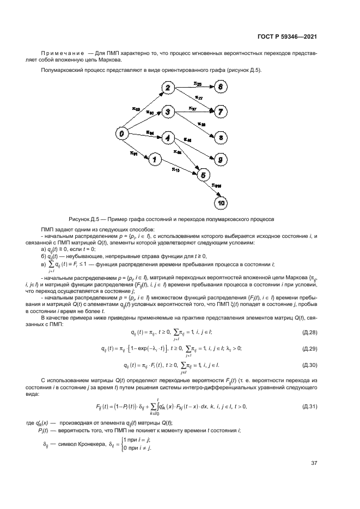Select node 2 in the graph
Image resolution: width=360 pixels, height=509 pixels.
[168, 88]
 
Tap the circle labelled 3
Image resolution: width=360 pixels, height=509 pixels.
[168, 112]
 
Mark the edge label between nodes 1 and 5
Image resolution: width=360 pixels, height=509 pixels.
[175, 169]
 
